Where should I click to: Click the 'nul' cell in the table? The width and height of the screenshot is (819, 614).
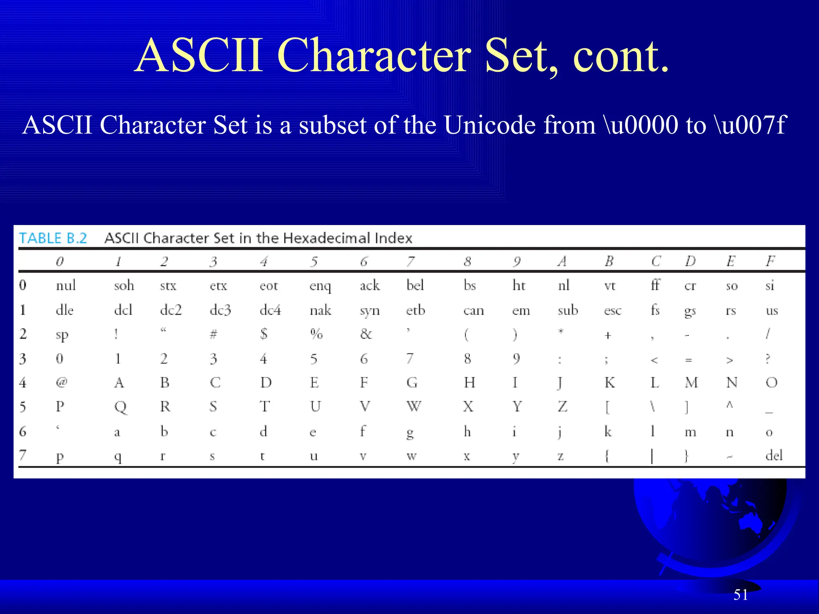[66, 285]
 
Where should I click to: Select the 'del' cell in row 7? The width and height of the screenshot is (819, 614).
[774, 455]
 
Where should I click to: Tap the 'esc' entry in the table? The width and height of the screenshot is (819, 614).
[613, 311]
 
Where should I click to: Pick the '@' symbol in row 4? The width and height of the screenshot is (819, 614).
[61, 383]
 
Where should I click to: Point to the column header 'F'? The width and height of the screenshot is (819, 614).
[770, 261]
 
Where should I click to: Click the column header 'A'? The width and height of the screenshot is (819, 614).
[562, 261]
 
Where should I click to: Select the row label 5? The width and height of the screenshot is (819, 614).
[23, 407]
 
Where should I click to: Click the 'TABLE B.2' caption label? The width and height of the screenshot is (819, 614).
[53, 238]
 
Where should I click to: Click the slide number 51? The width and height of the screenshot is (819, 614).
[741, 595]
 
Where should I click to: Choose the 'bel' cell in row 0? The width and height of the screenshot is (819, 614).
[415, 285]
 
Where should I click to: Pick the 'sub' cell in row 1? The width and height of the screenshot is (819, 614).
[568, 311]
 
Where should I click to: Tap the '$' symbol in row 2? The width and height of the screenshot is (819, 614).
[264, 334]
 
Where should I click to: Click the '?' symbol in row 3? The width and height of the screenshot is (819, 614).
[767, 359]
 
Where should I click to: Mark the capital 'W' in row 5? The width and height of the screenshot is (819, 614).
[413, 407]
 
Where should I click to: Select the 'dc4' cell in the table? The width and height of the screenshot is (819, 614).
[270, 311]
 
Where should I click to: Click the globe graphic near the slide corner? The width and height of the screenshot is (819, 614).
[712, 524]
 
